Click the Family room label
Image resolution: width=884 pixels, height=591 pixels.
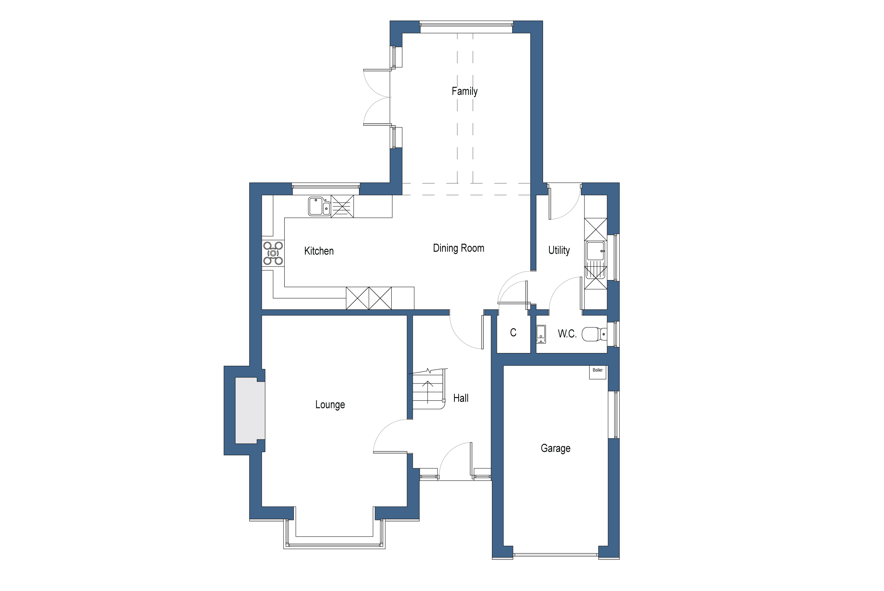pyautogui.click(x=464, y=91)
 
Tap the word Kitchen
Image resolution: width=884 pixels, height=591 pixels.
pyautogui.click(x=318, y=251)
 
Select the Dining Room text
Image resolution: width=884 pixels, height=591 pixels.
pyautogui.click(x=458, y=248)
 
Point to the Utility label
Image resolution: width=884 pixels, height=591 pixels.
pyautogui.click(x=559, y=250)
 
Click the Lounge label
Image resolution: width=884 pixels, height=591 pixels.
pyautogui.click(x=330, y=405)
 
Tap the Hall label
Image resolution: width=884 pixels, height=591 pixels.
pyautogui.click(x=460, y=398)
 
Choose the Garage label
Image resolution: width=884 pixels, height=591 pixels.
pyautogui.click(x=555, y=448)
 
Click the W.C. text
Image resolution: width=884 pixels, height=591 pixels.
pyautogui.click(x=567, y=333)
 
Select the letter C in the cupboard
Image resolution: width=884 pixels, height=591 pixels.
pyautogui.click(x=513, y=332)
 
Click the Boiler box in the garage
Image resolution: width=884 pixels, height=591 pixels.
pyautogui.click(x=597, y=372)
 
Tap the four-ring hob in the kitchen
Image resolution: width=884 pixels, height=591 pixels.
pyautogui.click(x=273, y=253)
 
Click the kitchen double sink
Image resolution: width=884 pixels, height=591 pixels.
pyautogui.click(x=319, y=206)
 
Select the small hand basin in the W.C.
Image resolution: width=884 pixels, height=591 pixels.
pyautogui.click(x=541, y=334)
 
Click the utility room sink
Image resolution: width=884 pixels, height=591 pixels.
pyautogui.click(x=595, y=251)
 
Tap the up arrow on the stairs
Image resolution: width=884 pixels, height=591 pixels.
pyautogui.click(x=427, y=392)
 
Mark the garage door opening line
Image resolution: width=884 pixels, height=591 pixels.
pyautogui.click(x=555, y=555)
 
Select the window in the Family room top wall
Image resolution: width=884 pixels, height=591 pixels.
pyautogui.click(x=466, y=24)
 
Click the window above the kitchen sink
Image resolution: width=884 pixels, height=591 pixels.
pyautogui.click(x=326, y=186)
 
